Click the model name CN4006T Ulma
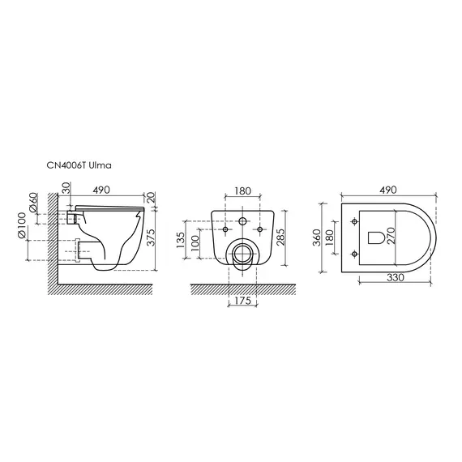coord(79,165)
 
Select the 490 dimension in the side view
coord(101,190)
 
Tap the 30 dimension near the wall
coord(67,187)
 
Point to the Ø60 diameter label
coord(33,203)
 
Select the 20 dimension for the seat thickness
coord(150,197)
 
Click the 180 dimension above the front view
coord(243,191)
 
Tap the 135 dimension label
coord(180,240)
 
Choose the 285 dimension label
coord(280,237)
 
